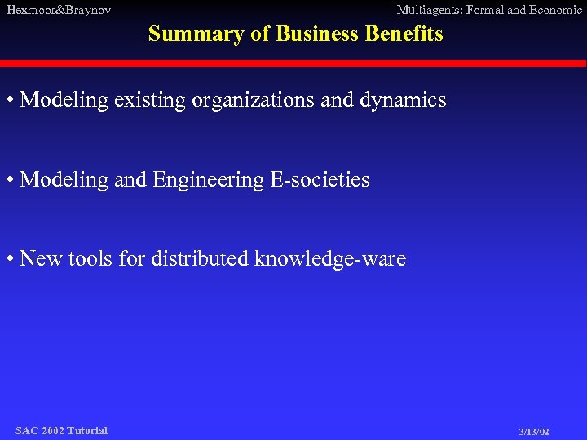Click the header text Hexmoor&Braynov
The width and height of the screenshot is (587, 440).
tap(58, 10)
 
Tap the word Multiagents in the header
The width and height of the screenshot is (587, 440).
tap(429, 10)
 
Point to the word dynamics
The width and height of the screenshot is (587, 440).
tap(404, 101)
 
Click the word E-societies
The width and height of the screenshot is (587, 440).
tap(323, 179)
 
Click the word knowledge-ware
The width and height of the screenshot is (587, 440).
tap(330, 260)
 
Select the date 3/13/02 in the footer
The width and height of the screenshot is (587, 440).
tap(534, 432)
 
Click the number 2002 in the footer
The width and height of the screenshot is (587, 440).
tap(52, 430)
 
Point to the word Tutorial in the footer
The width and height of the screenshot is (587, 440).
tap(87, 430)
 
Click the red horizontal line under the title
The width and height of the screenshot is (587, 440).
tap(293, 63)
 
